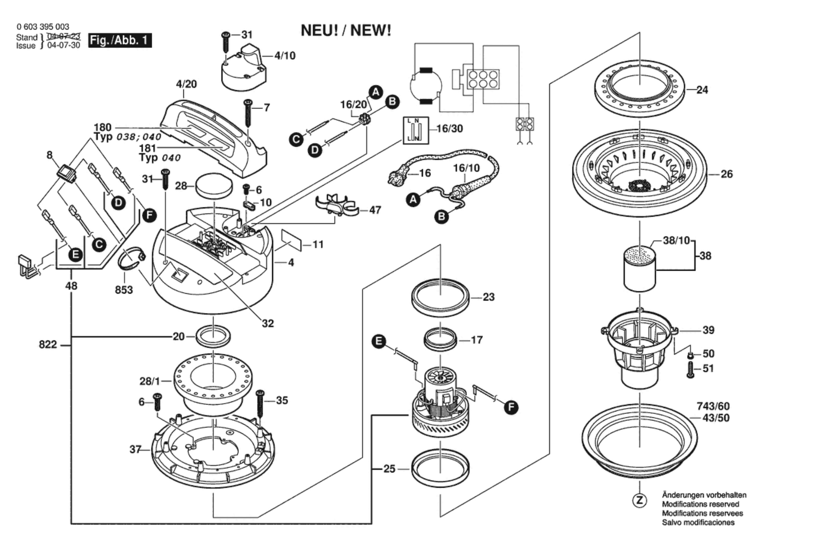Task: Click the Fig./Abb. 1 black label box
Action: [x=120, y=40]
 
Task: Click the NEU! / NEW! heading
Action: [x=346, y=31]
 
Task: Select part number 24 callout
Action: [x=702, y=90]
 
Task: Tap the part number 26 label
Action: [x=727, y=174]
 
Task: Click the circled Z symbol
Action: [x=639, y=500]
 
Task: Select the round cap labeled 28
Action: [x=214, y=186]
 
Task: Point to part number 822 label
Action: [x=48, y=345]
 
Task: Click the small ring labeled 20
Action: [x=213, y=336]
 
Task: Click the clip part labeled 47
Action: [x=337, y=205]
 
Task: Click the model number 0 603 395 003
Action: [x=43, y=27]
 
